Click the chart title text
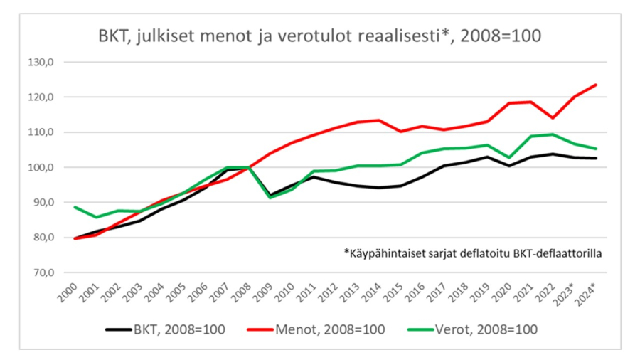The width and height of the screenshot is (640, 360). tap(319, 36)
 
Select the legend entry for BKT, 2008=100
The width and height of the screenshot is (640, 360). tap(167, 329)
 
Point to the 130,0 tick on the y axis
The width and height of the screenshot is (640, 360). tap(41, 62)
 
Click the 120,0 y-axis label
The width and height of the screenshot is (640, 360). tap(41, 97)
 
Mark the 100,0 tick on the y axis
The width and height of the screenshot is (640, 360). tap(41, 167)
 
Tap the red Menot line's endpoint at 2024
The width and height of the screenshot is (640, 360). tap(596, 85)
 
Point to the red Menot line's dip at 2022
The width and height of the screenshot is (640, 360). tap(553, 118)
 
